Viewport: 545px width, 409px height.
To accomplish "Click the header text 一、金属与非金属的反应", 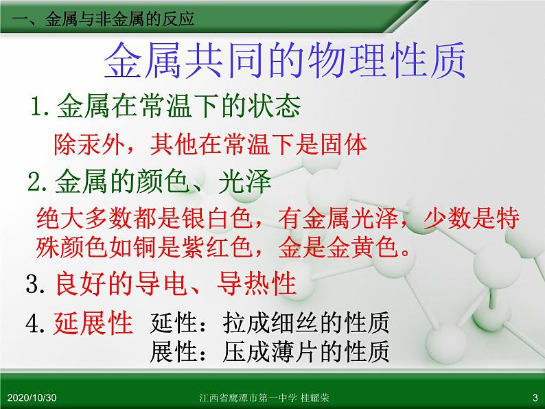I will pos(103,19).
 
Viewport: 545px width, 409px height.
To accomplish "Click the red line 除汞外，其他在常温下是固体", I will pos(211,144).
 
